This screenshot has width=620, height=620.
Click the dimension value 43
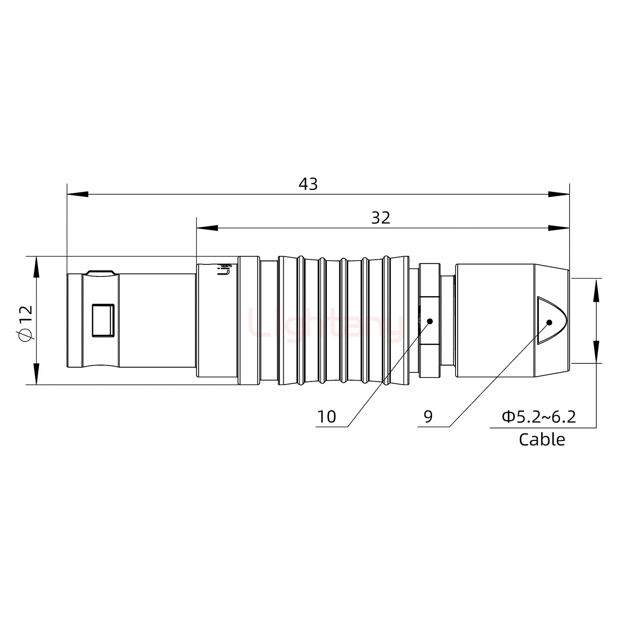[x=308, y=184]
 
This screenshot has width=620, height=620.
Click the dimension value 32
[x=381, y=218]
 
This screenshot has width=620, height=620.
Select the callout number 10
[x=326, y=416]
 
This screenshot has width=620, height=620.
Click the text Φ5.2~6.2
[x=539, y=416]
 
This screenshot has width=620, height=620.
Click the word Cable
[x=542, y=439]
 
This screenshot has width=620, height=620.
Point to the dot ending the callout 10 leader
[x=429, y=321]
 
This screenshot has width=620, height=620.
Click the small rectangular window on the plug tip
[x=103, y=320]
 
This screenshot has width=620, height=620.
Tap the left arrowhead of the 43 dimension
[x=77, y=194]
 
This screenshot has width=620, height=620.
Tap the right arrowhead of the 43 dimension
[x=559, y=194]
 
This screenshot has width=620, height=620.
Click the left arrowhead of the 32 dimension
[x=207, y=228]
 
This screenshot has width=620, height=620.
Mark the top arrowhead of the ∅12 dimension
[x=36, y=267]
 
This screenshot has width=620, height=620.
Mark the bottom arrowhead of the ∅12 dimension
[x=36, y=374]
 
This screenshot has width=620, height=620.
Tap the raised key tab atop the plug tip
[x=100, y=273]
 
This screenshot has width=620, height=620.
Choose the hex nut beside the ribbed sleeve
[x=429, y=320]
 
